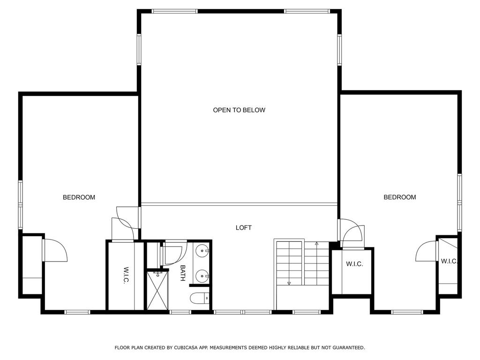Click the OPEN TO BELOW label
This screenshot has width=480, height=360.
pyautogui.click(x=239, y=110)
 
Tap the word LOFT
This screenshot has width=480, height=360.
pyautogui.click(x=243, y=227)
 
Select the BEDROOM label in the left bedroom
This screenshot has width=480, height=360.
pyautogui.click(x=79, y=197)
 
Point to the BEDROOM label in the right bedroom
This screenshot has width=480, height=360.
pyautogui.click(x=399, y=197)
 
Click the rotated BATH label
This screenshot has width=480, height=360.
pyautogui.click(x=183, y=273)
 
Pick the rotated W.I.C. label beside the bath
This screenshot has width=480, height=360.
pyautogui.click(x=126, y=275)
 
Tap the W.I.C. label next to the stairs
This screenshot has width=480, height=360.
pyautogui.click(x=354, y=264)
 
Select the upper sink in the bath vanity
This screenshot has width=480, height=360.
pyautogui.click(x=202, y=251)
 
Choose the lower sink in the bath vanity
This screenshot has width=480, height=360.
pyautogui.click(x=202, y=276)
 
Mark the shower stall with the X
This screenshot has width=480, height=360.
pyautogui.click(x=157, y=290)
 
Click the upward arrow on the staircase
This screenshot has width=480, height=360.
pyautogui.click(x=316, y=244)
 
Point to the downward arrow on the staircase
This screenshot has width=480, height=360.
pyautogui.click(x=289, y=283)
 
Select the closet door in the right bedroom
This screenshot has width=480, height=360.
pyautogui.click(x=426, y=251)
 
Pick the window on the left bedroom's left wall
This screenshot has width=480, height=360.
pyautogui.click(x=21, y=205)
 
